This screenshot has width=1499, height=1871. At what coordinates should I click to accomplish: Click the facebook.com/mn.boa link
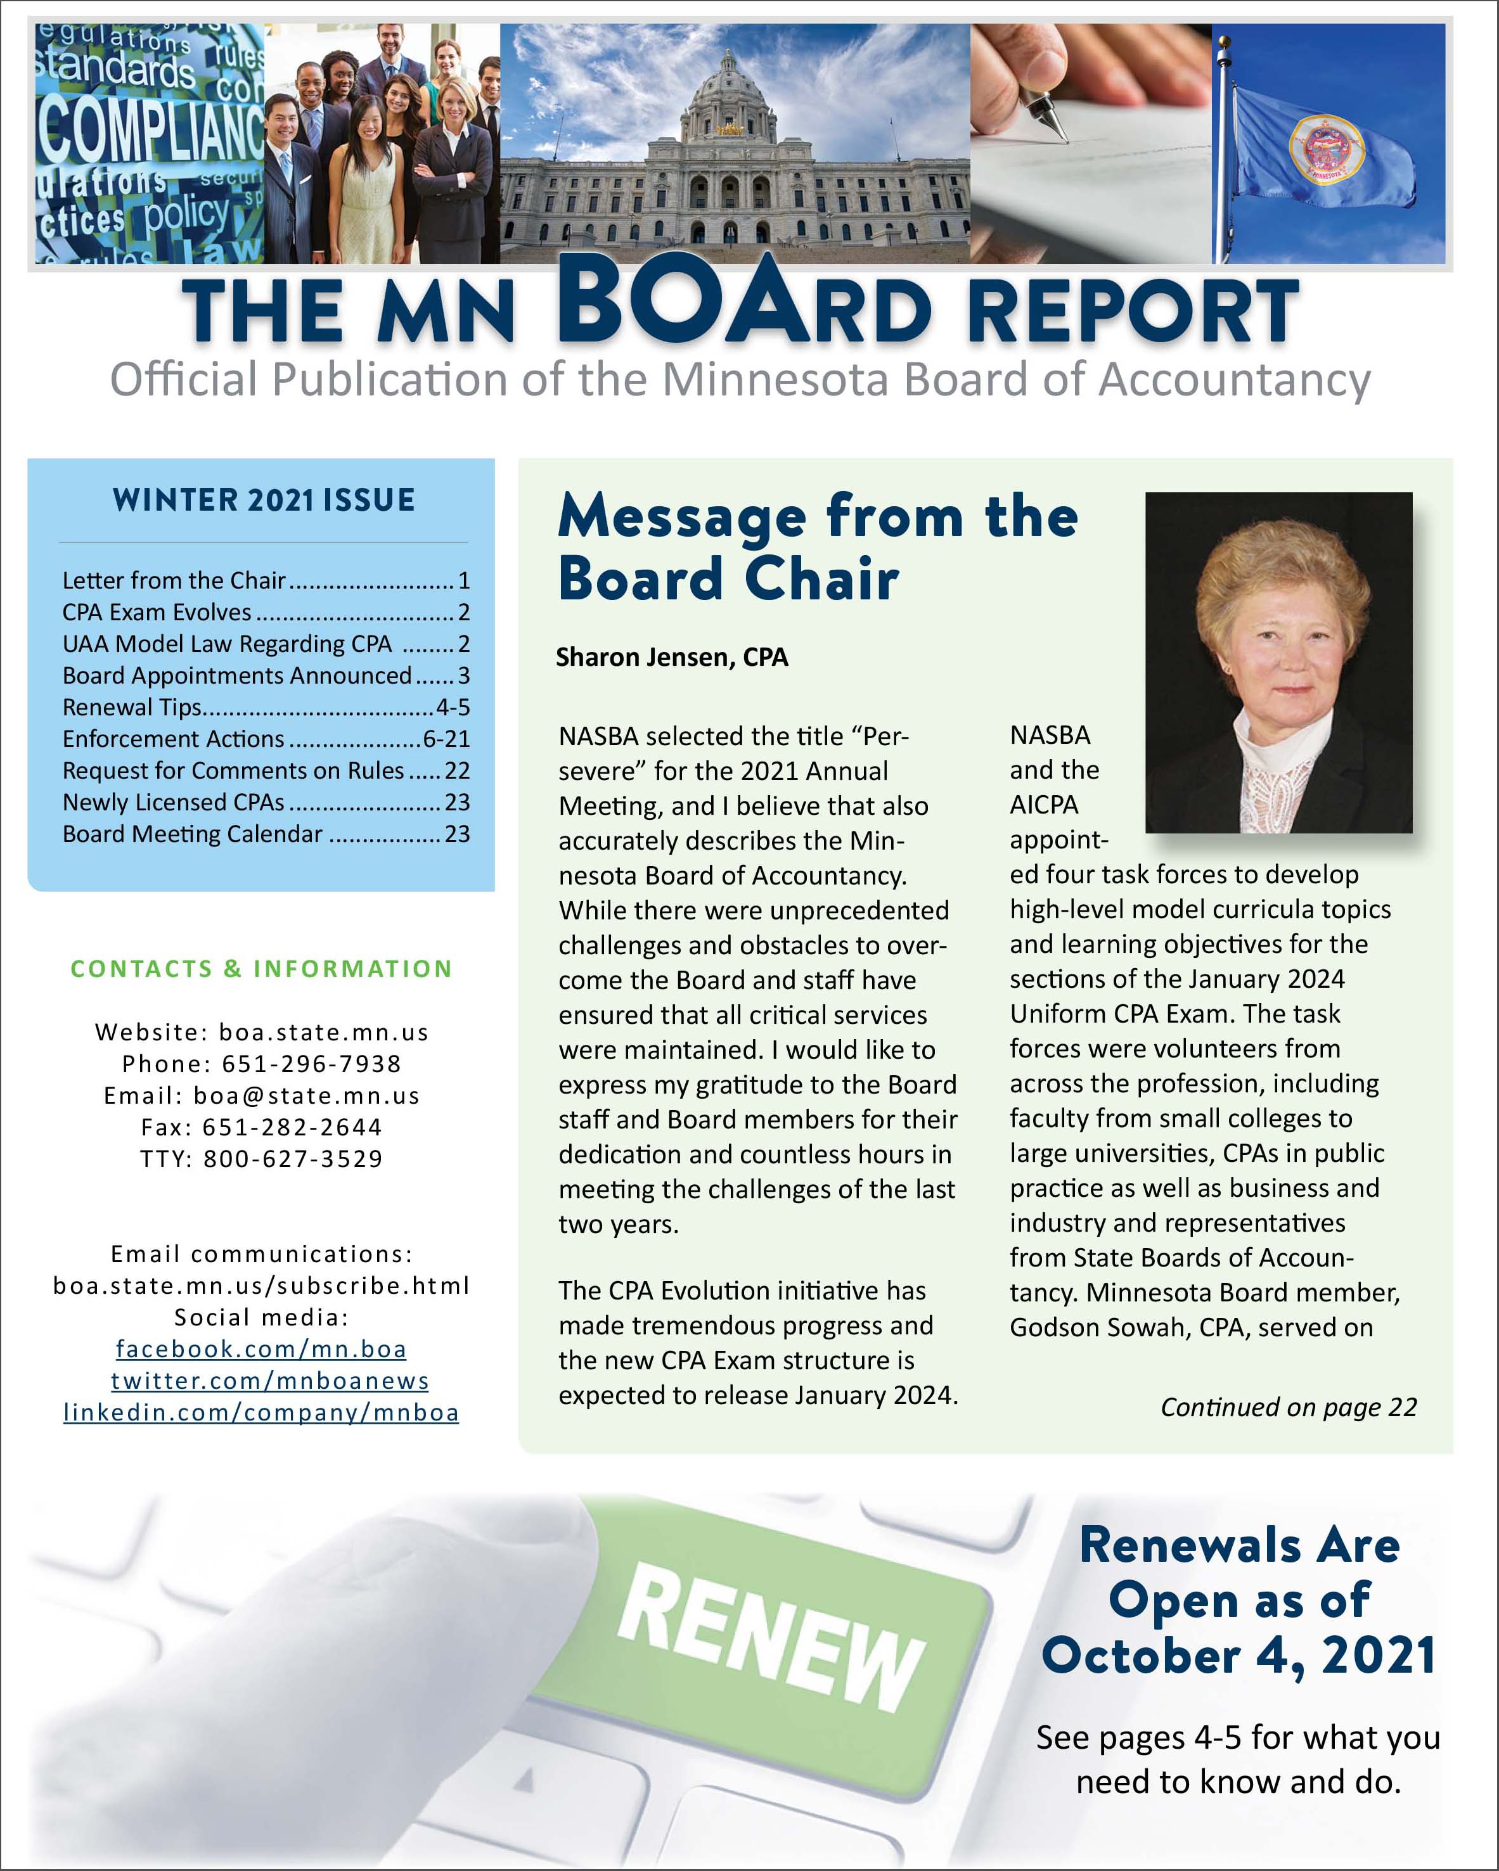(x=261, y=1348)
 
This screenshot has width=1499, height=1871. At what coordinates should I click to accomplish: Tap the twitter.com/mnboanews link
(x=269, y=1380)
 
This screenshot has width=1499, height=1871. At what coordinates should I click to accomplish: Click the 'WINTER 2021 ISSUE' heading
(x=264, y=500)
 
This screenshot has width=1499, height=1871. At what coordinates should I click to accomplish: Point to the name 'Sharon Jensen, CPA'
(x=672, y=657)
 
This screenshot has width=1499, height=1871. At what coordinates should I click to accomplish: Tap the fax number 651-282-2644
(x=292, y=1127)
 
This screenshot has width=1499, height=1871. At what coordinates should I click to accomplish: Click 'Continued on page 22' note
(x=1288, y=1407)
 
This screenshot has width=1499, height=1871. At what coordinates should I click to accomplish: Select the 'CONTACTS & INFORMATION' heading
(x=261, y=969)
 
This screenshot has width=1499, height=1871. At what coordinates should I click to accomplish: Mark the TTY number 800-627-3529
(x=292, y=1159)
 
